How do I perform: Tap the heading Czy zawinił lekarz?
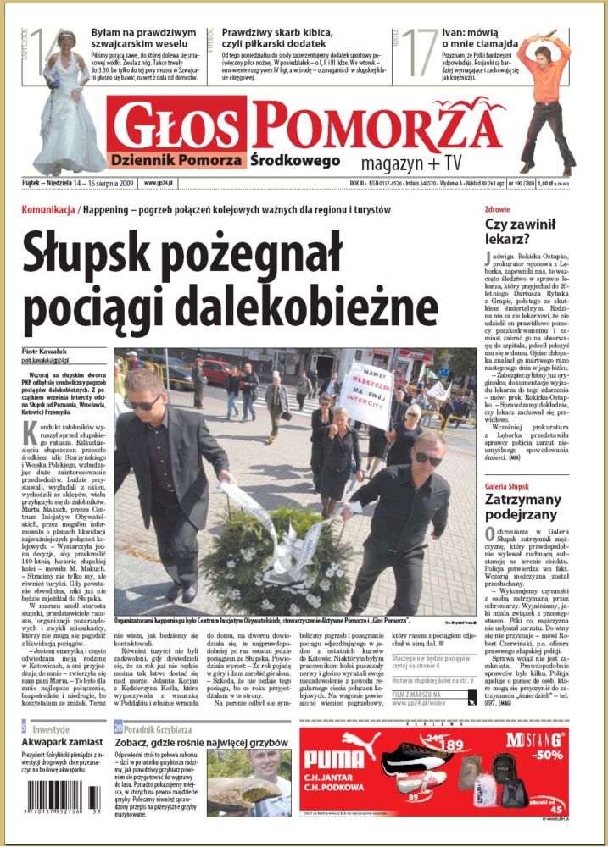520,232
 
